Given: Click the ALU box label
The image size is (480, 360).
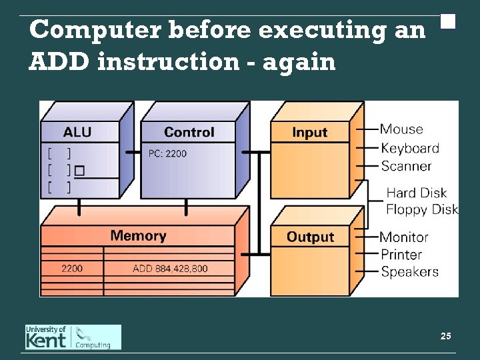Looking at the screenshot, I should pyautogui.click(x=77, y=132).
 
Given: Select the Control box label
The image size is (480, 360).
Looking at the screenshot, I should pyautogui.click(x=189, y=132).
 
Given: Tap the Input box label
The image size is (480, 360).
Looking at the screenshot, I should pyautogui.click(x=310, y=132).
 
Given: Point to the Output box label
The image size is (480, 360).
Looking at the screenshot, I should pyautogui.click(x=310, y=237).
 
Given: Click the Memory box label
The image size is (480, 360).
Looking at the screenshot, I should pyautogui.click(x=138, y=235).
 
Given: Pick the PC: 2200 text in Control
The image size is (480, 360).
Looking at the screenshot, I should pyautogui.click(x=167, y=154).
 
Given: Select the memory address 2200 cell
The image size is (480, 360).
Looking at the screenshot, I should pyautogui.click(x=72, y=269).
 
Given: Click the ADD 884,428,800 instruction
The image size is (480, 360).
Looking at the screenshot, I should pyautogui.click(x=170, y=269).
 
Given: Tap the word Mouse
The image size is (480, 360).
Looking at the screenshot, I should pyautogui.click(x=401, y=129).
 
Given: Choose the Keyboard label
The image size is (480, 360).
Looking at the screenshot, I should pyautogui.click(x=409, y=148).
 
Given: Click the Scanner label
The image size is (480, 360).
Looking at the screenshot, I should pyautogui.click(x=406, y=166).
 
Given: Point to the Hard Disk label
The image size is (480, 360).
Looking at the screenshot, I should pyautogui.click(x=416, y=193).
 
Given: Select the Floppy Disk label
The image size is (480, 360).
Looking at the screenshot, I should pyautogui.click(x=422, y=209).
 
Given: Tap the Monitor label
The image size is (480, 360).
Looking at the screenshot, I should pyautogui.click(x=404, y=237).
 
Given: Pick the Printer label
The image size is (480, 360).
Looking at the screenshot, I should pyautogui.click(x=401, y=254).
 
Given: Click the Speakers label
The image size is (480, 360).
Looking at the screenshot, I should pyautogui.click(x=409, y=271).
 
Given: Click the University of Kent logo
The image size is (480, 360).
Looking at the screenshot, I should pyautogui.click(x=73, y=337).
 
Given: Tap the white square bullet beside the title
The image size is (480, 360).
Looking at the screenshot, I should pyautogui.click(x=448, y=21).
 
